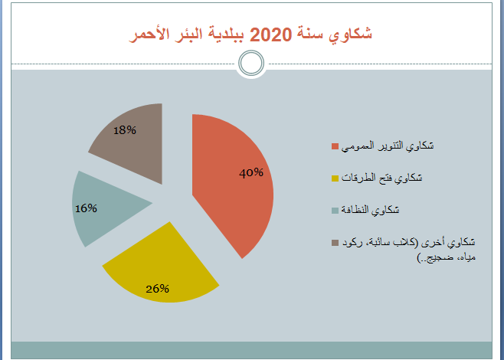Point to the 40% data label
tap(251, 173)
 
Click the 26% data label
tap(158, 289)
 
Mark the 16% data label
tap(86, 208)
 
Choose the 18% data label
tap(125, 130)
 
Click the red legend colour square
tap(335, 146)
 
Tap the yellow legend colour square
tap(335, 178)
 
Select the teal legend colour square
tap(335, 210)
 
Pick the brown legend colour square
tap(335, 242)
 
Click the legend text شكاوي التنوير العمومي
tap(388, 146)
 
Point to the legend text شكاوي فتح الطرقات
tap(381, 178)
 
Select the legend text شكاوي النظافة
tap(370, 210)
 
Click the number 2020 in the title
tap(270, 34)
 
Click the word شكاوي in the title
tap(350, 34)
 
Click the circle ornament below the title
tap(251, 63)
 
